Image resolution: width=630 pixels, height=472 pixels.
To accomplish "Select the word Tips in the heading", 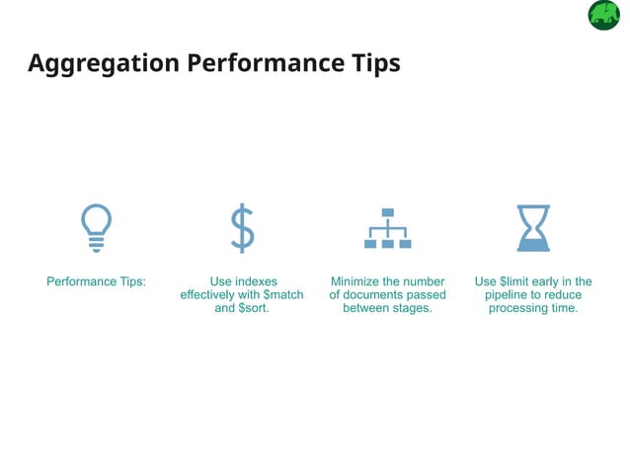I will pos(375,63).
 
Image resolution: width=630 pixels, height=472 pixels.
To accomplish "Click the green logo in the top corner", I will pos(603,16).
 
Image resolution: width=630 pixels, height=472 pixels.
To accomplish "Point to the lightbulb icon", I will pos(96,228).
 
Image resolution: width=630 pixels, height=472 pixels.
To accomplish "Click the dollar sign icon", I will pos(242,228).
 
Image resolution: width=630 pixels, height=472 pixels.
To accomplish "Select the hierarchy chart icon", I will pos(388,229).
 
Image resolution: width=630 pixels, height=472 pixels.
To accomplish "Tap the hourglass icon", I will pos(533,228).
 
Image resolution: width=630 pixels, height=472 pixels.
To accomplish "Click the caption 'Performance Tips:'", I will pos(96,281).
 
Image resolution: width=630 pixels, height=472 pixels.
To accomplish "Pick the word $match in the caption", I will pos(283,294).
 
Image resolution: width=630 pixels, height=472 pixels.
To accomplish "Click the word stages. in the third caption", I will pos(414,308).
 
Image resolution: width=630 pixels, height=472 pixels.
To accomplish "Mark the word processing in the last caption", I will pos(517,308).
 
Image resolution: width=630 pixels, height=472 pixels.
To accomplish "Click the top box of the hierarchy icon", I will pos(388,212).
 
